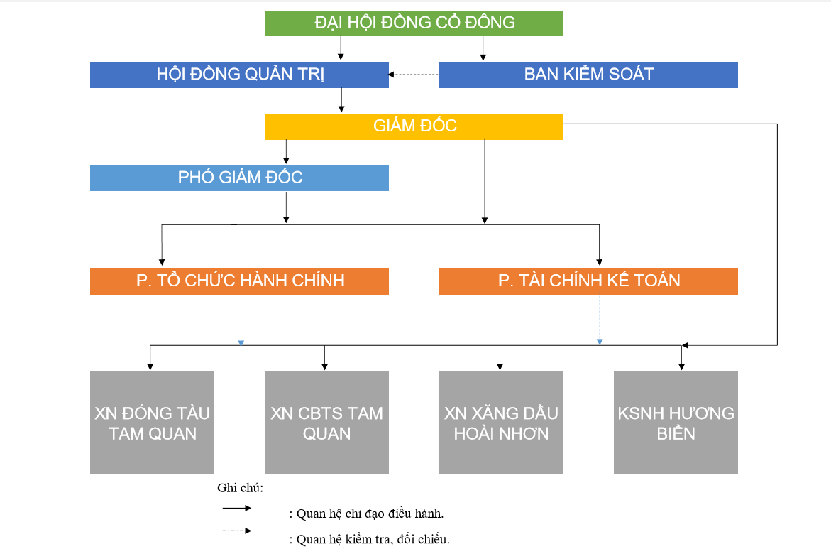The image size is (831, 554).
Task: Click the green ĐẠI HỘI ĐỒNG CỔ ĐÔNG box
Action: (x=414, y=23)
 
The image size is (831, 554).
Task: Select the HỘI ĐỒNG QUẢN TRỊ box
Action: (x=239, y=75)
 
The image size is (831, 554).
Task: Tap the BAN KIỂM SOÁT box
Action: (x=588, y=75)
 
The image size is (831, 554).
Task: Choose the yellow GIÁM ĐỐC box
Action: (x=414, y=126)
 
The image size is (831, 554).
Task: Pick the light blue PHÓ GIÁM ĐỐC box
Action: (x=239, y=178)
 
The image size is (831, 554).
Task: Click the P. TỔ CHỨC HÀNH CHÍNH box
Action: (x=239, y=281)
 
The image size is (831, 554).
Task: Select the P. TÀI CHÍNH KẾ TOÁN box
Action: (x=588, y=281)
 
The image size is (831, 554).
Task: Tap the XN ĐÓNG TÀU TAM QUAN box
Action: (x=152, y=423)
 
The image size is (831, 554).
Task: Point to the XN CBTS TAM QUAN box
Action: (x=326, y=423)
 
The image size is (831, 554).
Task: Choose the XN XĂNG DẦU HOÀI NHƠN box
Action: (x=501, y=423)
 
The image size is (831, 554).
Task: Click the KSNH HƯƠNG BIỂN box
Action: (x=676, y=423)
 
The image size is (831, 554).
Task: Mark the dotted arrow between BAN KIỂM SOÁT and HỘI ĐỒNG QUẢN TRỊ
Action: (x=414, y=75)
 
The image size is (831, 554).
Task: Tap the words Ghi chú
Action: (x=240, y=488)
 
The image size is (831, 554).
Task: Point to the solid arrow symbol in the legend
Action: (x=237, y=508)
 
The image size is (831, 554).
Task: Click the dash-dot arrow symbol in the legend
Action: (x=237, y=531)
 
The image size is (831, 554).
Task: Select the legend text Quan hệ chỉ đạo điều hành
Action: (x=370, y=514)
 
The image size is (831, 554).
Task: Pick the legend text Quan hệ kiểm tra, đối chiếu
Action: (x=373, y=539)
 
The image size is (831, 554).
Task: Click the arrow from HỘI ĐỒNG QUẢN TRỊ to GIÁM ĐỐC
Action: (x=341, y=100)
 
